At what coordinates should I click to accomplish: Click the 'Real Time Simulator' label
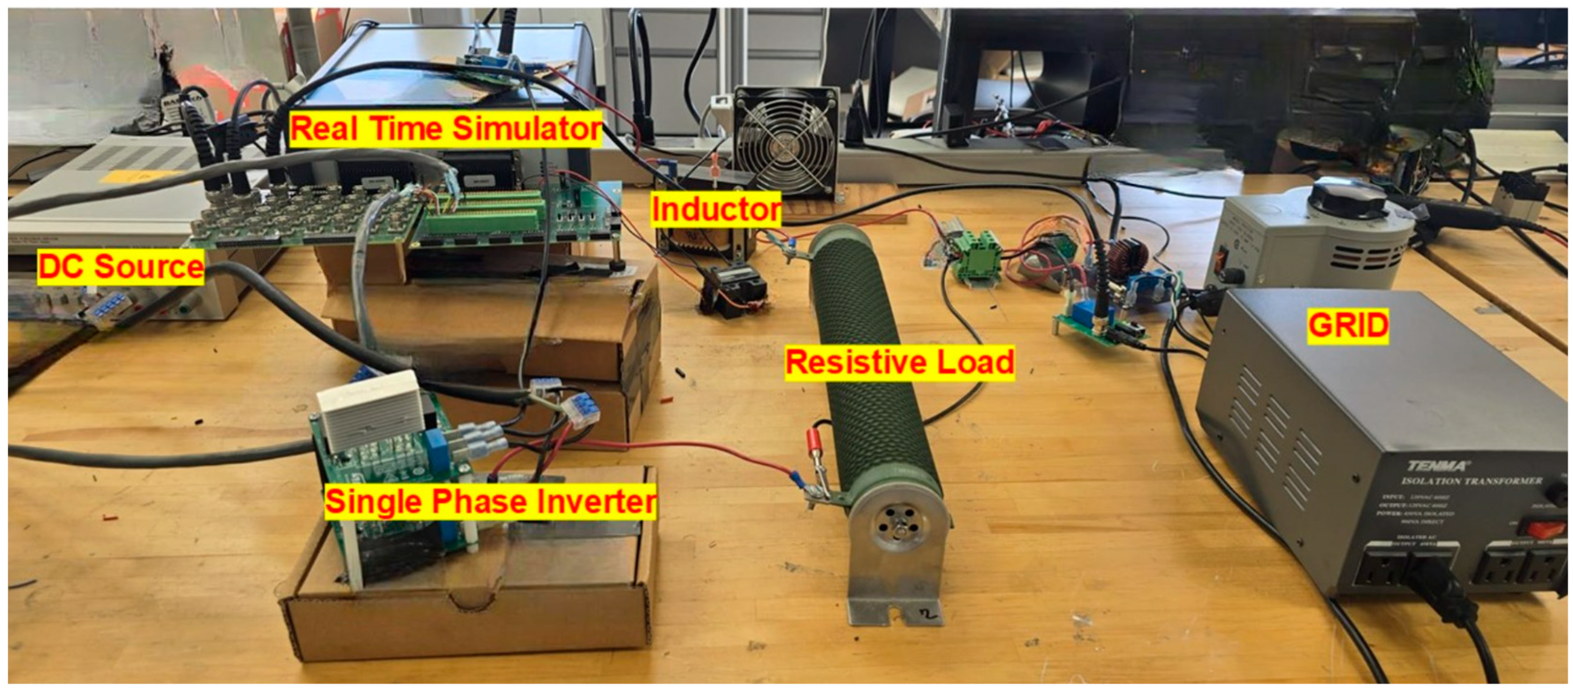pos(446,129)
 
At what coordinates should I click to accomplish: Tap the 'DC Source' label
pos(120,267)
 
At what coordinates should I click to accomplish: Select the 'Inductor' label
pos(715,209)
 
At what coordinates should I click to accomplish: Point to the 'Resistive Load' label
pos(899,363)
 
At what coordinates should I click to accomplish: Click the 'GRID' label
pos(1348,325)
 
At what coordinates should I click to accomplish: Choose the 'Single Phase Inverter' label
pos(490,502)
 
